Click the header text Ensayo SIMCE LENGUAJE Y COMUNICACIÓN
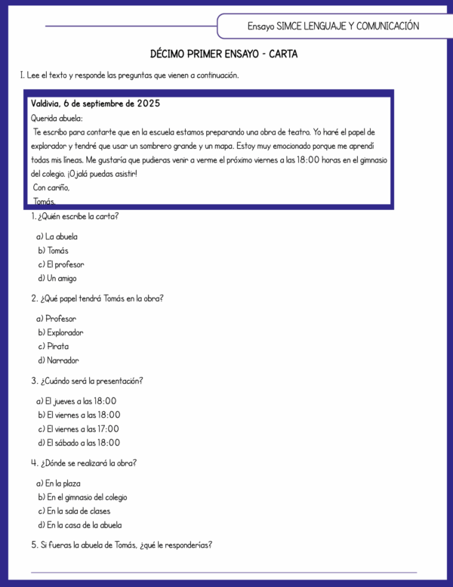coord(333,26)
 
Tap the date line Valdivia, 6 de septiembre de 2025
coord(95,103)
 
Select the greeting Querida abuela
coord(57,118)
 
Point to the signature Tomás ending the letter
coord(45,202)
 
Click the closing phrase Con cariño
coord(51,187)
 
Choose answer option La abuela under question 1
coord(57,236)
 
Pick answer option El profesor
coord(61,264)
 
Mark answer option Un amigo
coord(57,278)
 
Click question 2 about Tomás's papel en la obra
coord(97,298)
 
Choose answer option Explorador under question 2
coord(60,332)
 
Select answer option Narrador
coord(58,360)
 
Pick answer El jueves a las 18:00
coord(77,401)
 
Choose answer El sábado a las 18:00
coord(79,443)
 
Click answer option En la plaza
coord(59,484)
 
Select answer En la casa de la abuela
coord(79,525)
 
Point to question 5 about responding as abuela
coord(122,545)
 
